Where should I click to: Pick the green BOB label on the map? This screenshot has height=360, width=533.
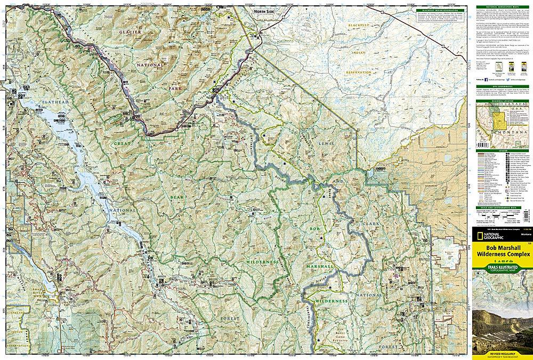312,229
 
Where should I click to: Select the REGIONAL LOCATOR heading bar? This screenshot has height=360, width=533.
500,99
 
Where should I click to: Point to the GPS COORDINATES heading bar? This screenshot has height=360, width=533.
500,84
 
